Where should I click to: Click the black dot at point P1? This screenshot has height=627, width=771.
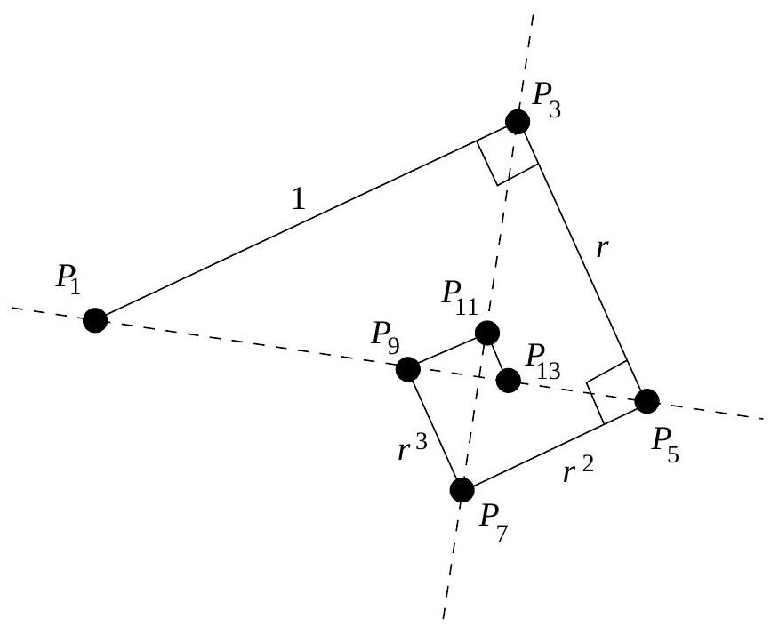[95, 319]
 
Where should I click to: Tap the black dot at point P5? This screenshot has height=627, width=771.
[647, 401]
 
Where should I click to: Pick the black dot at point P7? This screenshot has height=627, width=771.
[462, 489]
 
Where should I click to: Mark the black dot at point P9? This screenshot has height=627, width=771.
[407, 368]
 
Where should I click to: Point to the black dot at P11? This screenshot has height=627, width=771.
[486, 334]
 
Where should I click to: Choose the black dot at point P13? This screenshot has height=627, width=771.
[509, 381]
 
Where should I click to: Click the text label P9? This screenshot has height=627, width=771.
[387, 338]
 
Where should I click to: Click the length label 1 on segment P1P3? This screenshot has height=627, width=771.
[299, 201]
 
